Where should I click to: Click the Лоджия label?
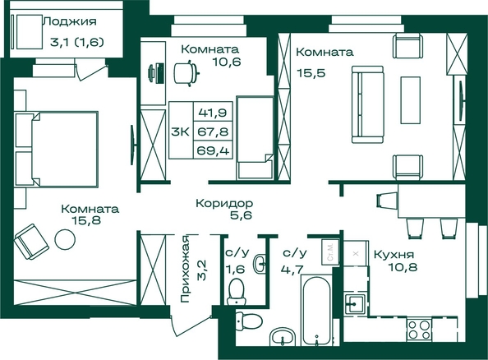click(70, 21)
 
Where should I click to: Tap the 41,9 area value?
click(213, 112)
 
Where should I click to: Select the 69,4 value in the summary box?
click(213, 150)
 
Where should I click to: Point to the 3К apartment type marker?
click(180, 132)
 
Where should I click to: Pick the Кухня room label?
click(394, 255)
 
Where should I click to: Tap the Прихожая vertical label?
click(185, 269)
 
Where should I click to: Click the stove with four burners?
click(419, 330)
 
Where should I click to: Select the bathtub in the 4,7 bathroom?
click(316, 310)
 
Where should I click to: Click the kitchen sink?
click(355, 303)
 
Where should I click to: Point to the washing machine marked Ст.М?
click(330, 252)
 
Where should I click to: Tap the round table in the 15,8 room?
click(65, 239)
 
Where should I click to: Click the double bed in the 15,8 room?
click(57, 149)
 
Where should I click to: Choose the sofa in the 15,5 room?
click(367, 104)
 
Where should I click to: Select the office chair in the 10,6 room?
click(186, 73)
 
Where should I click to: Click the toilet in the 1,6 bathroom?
click(236, 292)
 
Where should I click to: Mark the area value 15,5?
click(311, 73)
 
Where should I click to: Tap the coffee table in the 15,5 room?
click(411, 100)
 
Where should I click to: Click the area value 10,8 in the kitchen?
click(402, 267)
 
